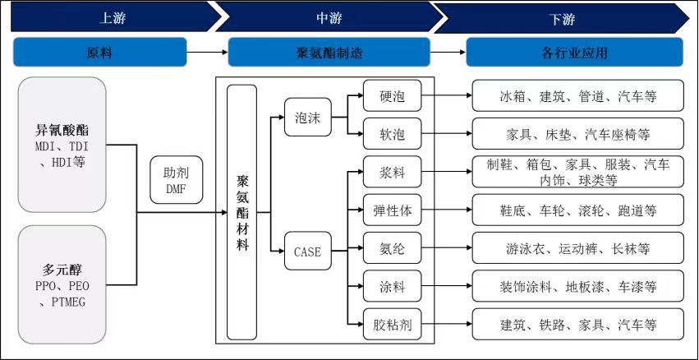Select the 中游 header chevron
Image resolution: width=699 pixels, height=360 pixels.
click(329, 17)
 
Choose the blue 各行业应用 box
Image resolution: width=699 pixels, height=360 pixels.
click(574, 53)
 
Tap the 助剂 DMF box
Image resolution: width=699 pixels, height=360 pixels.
click(175, 181)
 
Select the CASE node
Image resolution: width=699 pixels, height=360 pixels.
click(307, 252)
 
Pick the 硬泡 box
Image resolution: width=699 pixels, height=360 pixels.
click(392, 96)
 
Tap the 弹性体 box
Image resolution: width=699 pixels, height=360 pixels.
click(392, 211)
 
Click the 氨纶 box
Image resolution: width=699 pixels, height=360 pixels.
click(392, 249)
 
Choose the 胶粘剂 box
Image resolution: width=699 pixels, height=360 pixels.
click(392, 325)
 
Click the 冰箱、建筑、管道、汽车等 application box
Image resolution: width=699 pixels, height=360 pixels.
click(577, 96)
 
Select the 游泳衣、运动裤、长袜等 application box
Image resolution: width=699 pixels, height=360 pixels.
click(577, 249)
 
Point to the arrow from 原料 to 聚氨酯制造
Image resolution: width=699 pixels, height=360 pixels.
click(207, 53)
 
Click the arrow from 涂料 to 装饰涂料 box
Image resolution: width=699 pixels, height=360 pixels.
click(447, 288)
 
